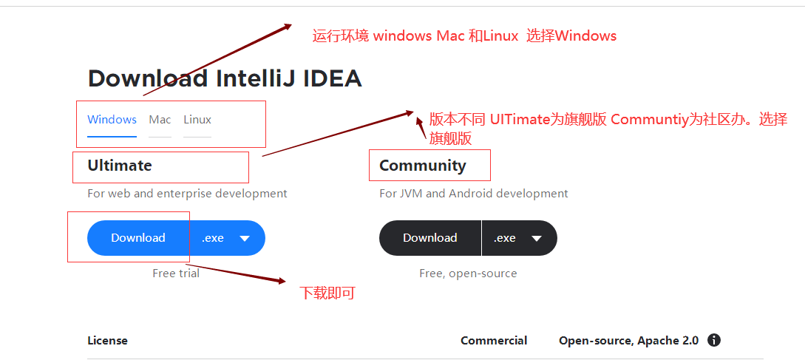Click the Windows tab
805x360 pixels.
[x=112, y=120]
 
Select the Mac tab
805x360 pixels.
[x=160, y=120]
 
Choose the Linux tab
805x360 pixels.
[x=197, y=120]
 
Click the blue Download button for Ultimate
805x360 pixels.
[x=138, y=238]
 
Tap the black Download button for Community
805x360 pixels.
[x=430, y=238]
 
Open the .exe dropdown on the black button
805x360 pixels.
[x=519, y=238]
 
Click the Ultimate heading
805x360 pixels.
[x=120, y=166]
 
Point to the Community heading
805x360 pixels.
[x=423, y=166]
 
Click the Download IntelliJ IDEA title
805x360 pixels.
[x=225, y=78]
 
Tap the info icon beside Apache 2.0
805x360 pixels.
[x=714, y=341]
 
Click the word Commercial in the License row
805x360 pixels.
[x=494, y=341]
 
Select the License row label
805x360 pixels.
[x=107, y=341]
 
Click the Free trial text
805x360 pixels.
[x=176, y=274]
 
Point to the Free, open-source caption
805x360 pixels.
[x=468, y=274]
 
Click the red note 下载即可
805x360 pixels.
[x=327, y=293]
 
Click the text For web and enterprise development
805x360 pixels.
[x=187, y=194]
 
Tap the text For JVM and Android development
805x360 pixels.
[x=474, y=194]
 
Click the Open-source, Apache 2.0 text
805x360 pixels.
[x=628, y=341]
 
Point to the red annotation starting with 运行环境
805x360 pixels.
[x=464, y=35]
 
